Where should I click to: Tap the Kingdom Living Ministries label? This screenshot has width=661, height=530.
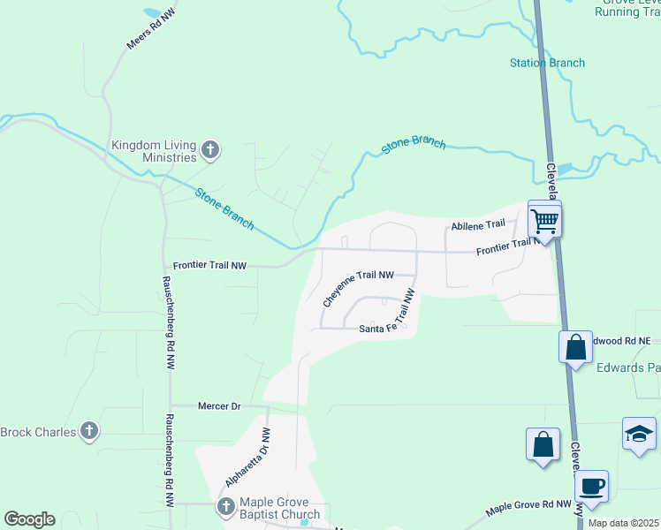(x=154, y=151)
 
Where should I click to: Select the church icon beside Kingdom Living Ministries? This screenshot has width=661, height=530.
(x=210, y=150)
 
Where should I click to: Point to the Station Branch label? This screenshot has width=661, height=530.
(x=547, y=63)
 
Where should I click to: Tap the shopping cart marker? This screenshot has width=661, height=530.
(x=544, y=219)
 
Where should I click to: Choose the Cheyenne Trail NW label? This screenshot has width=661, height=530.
(x=358, y=287)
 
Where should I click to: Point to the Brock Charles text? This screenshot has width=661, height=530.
(x=38, y=432)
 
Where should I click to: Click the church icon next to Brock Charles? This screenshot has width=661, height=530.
(x=88, y=431)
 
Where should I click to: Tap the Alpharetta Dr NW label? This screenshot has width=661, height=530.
(x=247, y=458)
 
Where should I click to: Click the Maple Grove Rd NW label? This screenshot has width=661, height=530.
(x=529, y=508)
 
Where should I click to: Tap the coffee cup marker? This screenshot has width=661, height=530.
(x=591, y=486)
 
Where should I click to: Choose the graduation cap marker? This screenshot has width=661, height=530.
(x=639, y=433)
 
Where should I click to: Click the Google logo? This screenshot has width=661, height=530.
(x=29, y=519)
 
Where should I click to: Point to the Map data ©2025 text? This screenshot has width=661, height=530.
(x=622, y=523)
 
